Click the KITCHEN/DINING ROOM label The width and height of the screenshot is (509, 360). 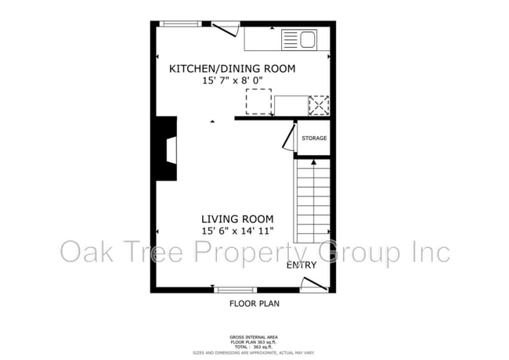[x=233, y=69]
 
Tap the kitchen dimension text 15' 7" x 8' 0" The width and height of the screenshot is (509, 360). [x=233, y=80]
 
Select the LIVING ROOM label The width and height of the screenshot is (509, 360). [x=236, y=218]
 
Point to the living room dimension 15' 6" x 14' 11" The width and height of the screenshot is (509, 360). [x=236, y=230]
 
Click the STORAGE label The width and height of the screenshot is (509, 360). [x=314, y=139]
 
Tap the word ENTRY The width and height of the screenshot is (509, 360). [x=301, y=265]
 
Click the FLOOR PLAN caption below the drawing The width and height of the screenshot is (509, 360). [x=254, y=303]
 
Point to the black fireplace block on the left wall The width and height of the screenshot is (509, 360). [x=165, y=149]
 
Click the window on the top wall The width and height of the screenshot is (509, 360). [x=180, y=24]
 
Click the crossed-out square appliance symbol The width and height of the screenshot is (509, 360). [x=319, y=105]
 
